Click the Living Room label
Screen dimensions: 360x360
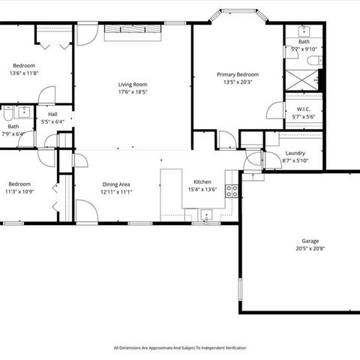coord(131,85)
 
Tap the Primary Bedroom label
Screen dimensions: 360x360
coord(238,74)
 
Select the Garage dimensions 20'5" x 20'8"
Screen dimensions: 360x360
coord(310,248)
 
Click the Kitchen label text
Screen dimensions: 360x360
coord(202,181)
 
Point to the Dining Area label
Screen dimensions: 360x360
coord(116,184)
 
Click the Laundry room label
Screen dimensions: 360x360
coord(295,153)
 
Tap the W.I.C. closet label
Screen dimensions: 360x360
coord(304,109)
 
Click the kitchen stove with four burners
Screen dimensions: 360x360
coord(232,190)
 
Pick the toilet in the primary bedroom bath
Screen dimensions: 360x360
coord(319,77)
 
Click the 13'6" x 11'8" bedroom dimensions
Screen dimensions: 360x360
coord(25,73)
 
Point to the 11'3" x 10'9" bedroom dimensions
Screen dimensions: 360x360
coord(19,192)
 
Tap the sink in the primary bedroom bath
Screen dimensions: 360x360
coord(304,31)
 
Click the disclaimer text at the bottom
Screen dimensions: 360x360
coord(179,348)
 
